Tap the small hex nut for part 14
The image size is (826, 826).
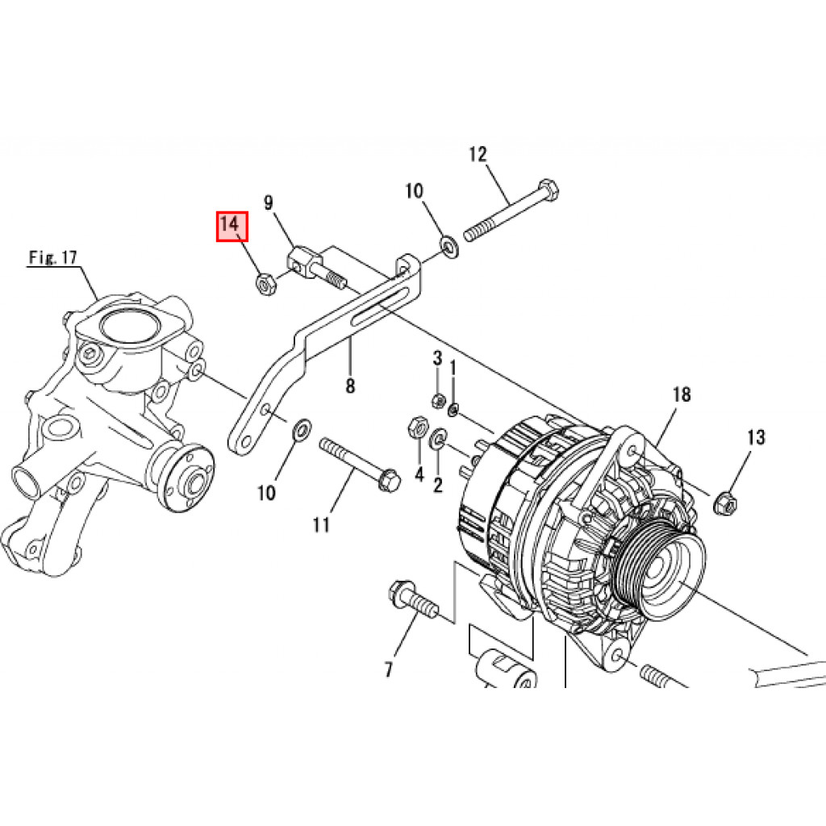tap(263, 283)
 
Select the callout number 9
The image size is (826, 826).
tap(269, 202)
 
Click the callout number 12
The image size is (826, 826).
tap(478, 154)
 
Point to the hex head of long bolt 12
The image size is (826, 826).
tap(549, 191)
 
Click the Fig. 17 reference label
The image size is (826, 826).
tap(52, 258)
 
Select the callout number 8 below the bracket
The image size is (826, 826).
tap(350, 386)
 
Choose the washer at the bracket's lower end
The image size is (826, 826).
tap(300, 428)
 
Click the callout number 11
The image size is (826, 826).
tap(321, 525)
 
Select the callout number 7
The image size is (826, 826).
tap(388, 669)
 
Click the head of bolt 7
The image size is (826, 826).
tap(401, 592)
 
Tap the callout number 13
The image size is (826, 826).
tap(755, 438)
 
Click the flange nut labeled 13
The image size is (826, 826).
tap(725, 503)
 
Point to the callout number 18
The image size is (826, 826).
tap(682, 394)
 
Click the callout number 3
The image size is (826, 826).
tap(438, 357)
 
